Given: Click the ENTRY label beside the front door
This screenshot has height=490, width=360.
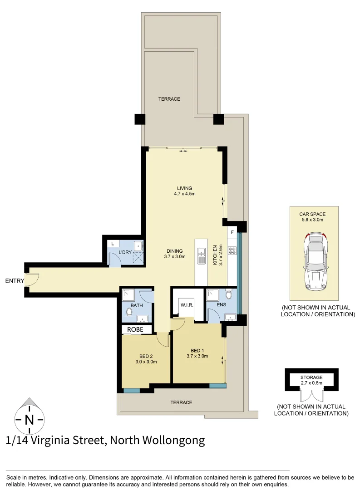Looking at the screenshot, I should (15, 281).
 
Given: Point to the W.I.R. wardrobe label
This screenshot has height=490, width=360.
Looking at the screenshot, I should (187, 305).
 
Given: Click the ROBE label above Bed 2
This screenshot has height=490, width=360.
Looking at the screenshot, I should (136, 329).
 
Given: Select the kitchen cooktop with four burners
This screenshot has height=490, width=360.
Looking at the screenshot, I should (232, 250).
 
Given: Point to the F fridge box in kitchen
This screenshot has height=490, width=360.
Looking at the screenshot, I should (232, 233).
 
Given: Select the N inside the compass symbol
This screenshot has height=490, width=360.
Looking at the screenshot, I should (30, 420).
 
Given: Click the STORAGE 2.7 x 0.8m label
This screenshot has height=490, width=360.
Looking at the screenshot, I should (311, 380).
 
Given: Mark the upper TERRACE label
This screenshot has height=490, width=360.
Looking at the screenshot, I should (169, 99).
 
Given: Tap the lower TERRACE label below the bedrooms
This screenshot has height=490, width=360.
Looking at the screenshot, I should (181, 402).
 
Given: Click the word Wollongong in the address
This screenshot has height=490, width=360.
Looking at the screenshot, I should (173, 440).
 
